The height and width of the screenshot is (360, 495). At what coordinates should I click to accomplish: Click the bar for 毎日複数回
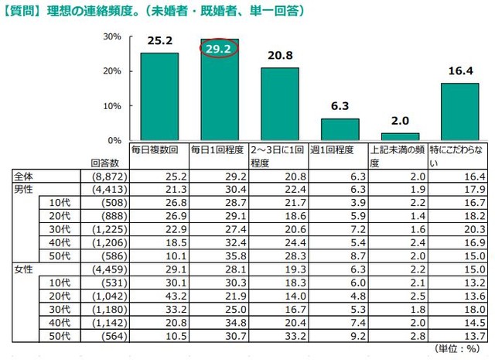pyautogui.click(x=159, y=97)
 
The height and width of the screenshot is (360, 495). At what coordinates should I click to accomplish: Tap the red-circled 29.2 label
pyautogui.click(x=220, y=49)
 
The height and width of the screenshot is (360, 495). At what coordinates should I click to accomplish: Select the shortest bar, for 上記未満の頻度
pyautogui.click(x=401, y=136)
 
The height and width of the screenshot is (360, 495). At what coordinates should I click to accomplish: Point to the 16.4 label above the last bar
pyautogui.click(x=459, y=70)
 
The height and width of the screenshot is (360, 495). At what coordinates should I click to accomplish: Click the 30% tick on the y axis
pyautogui.click(x=114, y=36)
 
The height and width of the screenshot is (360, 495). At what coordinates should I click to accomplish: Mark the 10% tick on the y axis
pyautogui.click(x=114, y=105)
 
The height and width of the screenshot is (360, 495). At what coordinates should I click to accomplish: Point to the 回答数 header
pyautogui.click(x=104, y=164)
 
